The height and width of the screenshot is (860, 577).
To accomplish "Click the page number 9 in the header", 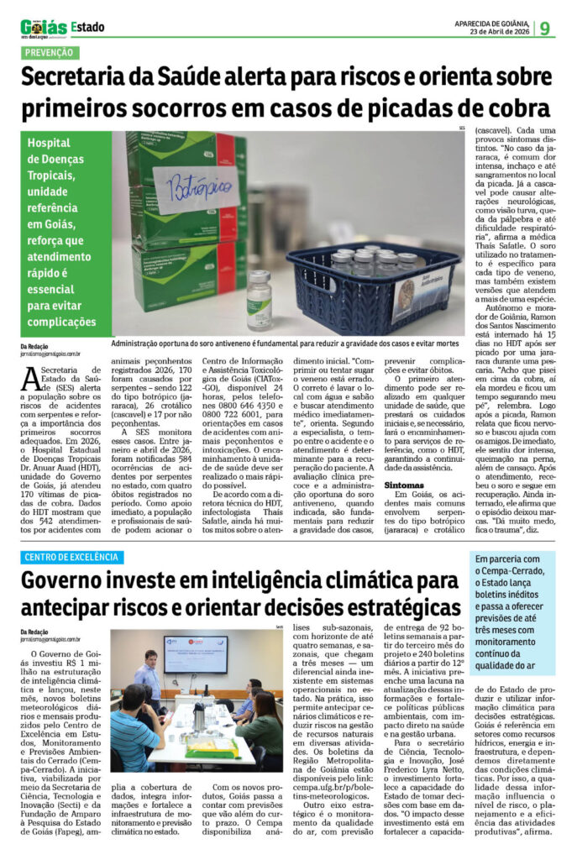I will [545, 28].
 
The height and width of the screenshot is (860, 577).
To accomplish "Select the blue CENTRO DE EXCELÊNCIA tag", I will [73, 557].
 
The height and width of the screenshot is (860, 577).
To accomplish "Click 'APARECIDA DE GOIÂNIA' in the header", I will [491, 23].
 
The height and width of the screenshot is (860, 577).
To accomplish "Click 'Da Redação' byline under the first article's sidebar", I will [36, 346].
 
